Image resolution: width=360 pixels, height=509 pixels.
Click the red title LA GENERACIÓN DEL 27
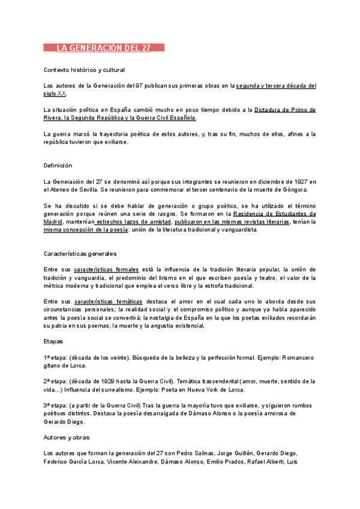(103, 48)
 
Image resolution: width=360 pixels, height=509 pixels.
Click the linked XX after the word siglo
(62, 94)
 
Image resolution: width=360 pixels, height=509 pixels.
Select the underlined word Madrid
(53, 221)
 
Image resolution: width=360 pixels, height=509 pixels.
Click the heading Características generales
(80, 254)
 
